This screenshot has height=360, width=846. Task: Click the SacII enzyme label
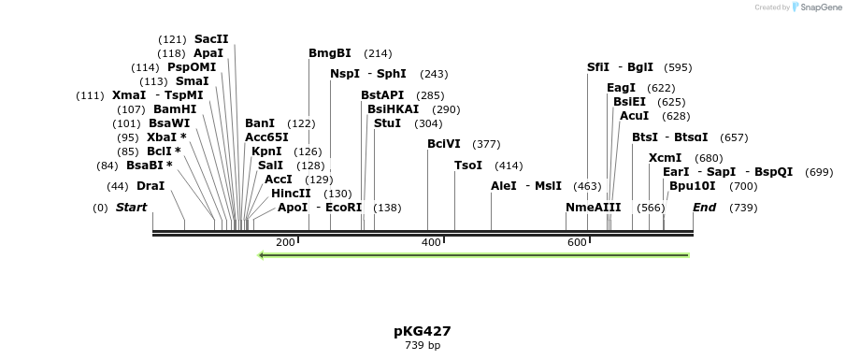[211, 39]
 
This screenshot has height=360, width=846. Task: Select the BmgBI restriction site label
[330, 53]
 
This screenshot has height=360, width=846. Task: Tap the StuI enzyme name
[387, 123]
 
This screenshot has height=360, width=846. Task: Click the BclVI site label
[444, 144]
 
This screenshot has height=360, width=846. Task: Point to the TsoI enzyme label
[468, 166]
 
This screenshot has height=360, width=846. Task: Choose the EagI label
[621, 88]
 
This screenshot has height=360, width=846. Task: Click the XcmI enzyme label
[665, 158]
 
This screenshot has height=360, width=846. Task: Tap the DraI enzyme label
[151, 186]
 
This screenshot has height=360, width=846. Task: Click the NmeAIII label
[593, 208]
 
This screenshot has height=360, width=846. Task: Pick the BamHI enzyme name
[175, 109]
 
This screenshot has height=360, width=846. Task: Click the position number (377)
[486, 144]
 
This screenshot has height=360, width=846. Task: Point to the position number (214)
[378, 53]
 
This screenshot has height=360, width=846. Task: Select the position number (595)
[678, 67]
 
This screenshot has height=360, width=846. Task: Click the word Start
[131, 208]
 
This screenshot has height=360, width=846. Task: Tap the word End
[704, 208]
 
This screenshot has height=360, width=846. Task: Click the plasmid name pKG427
[423, 331]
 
